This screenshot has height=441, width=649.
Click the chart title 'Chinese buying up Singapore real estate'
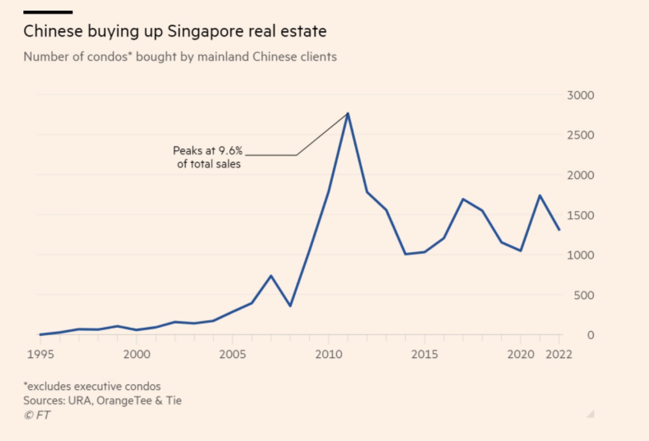tap(174, 31)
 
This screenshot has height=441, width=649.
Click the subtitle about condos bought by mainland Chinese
tap(180, 56)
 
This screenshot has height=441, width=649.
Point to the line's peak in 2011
tap(347, 113)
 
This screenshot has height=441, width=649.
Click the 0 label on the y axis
tap(590, 335)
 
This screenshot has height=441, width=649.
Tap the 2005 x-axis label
tap(232, 354)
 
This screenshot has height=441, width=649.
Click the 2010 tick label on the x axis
tap(328, 354)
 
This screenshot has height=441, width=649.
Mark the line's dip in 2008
tap(290, 306)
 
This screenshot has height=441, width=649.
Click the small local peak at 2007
tap(271, 276)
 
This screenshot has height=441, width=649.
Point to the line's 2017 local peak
tap(463, 199)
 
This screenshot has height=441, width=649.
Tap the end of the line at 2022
tap(559, 230)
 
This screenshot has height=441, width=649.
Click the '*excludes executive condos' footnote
tap(92, 386)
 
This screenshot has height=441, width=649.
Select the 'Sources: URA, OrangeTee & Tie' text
tap(102, 401)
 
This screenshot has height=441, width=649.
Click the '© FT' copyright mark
tap(37, 415)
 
